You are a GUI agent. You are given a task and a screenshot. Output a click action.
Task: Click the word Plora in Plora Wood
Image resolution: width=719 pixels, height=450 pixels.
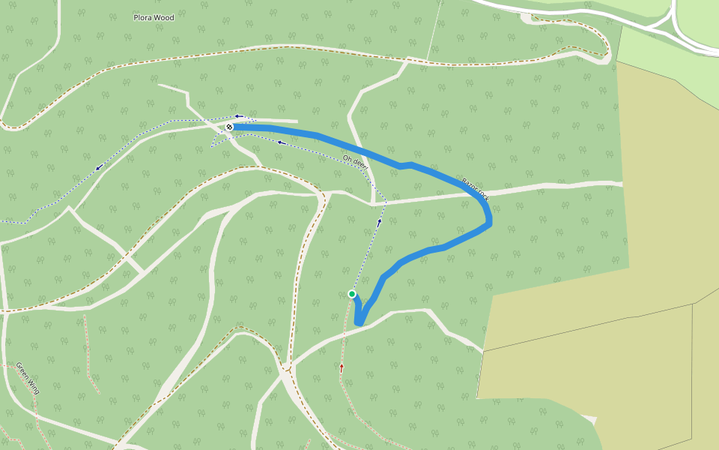click(x=142, y=17)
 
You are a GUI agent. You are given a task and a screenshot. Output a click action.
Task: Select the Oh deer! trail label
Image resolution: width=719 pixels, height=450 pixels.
click(x=354, y=161)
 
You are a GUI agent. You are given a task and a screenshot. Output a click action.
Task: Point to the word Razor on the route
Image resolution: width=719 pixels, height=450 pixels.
click(x=470, y=185)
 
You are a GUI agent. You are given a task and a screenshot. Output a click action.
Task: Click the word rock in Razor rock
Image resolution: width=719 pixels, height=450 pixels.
click(x=483, y=196)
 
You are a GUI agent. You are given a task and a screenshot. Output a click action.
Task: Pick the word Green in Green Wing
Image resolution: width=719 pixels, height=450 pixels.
click(x=22, y=371)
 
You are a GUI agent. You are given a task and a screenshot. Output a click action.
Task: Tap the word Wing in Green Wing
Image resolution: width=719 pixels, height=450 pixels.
click(x=33, y=386)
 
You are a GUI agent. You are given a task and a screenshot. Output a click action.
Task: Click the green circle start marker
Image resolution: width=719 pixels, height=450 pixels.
click(x=351, y=294)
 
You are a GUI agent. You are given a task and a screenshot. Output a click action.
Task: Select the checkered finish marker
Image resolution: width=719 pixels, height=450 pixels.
click(x=228, y=127)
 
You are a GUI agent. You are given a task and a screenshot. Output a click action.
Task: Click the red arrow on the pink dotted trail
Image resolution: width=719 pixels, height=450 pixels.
click(x=342, y=367)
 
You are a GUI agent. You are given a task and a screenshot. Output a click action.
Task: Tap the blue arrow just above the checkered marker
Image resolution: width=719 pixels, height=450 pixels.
click(x=238, y=116)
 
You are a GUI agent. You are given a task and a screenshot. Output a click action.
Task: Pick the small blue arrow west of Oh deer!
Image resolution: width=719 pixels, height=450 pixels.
click(x=281, y=142)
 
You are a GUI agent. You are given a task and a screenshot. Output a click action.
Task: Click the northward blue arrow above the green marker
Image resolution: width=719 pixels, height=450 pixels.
click(x=379, y=221)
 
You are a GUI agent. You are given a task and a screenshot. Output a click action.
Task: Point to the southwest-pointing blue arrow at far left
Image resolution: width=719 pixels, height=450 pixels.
click(x=98, y=167)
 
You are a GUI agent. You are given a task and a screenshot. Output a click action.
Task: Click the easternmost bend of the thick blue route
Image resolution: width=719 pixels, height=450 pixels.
click(x=490, y=220)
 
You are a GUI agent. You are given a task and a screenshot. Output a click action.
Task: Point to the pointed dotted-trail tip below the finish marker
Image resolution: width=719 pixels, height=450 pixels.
click(x=212, y=145)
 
